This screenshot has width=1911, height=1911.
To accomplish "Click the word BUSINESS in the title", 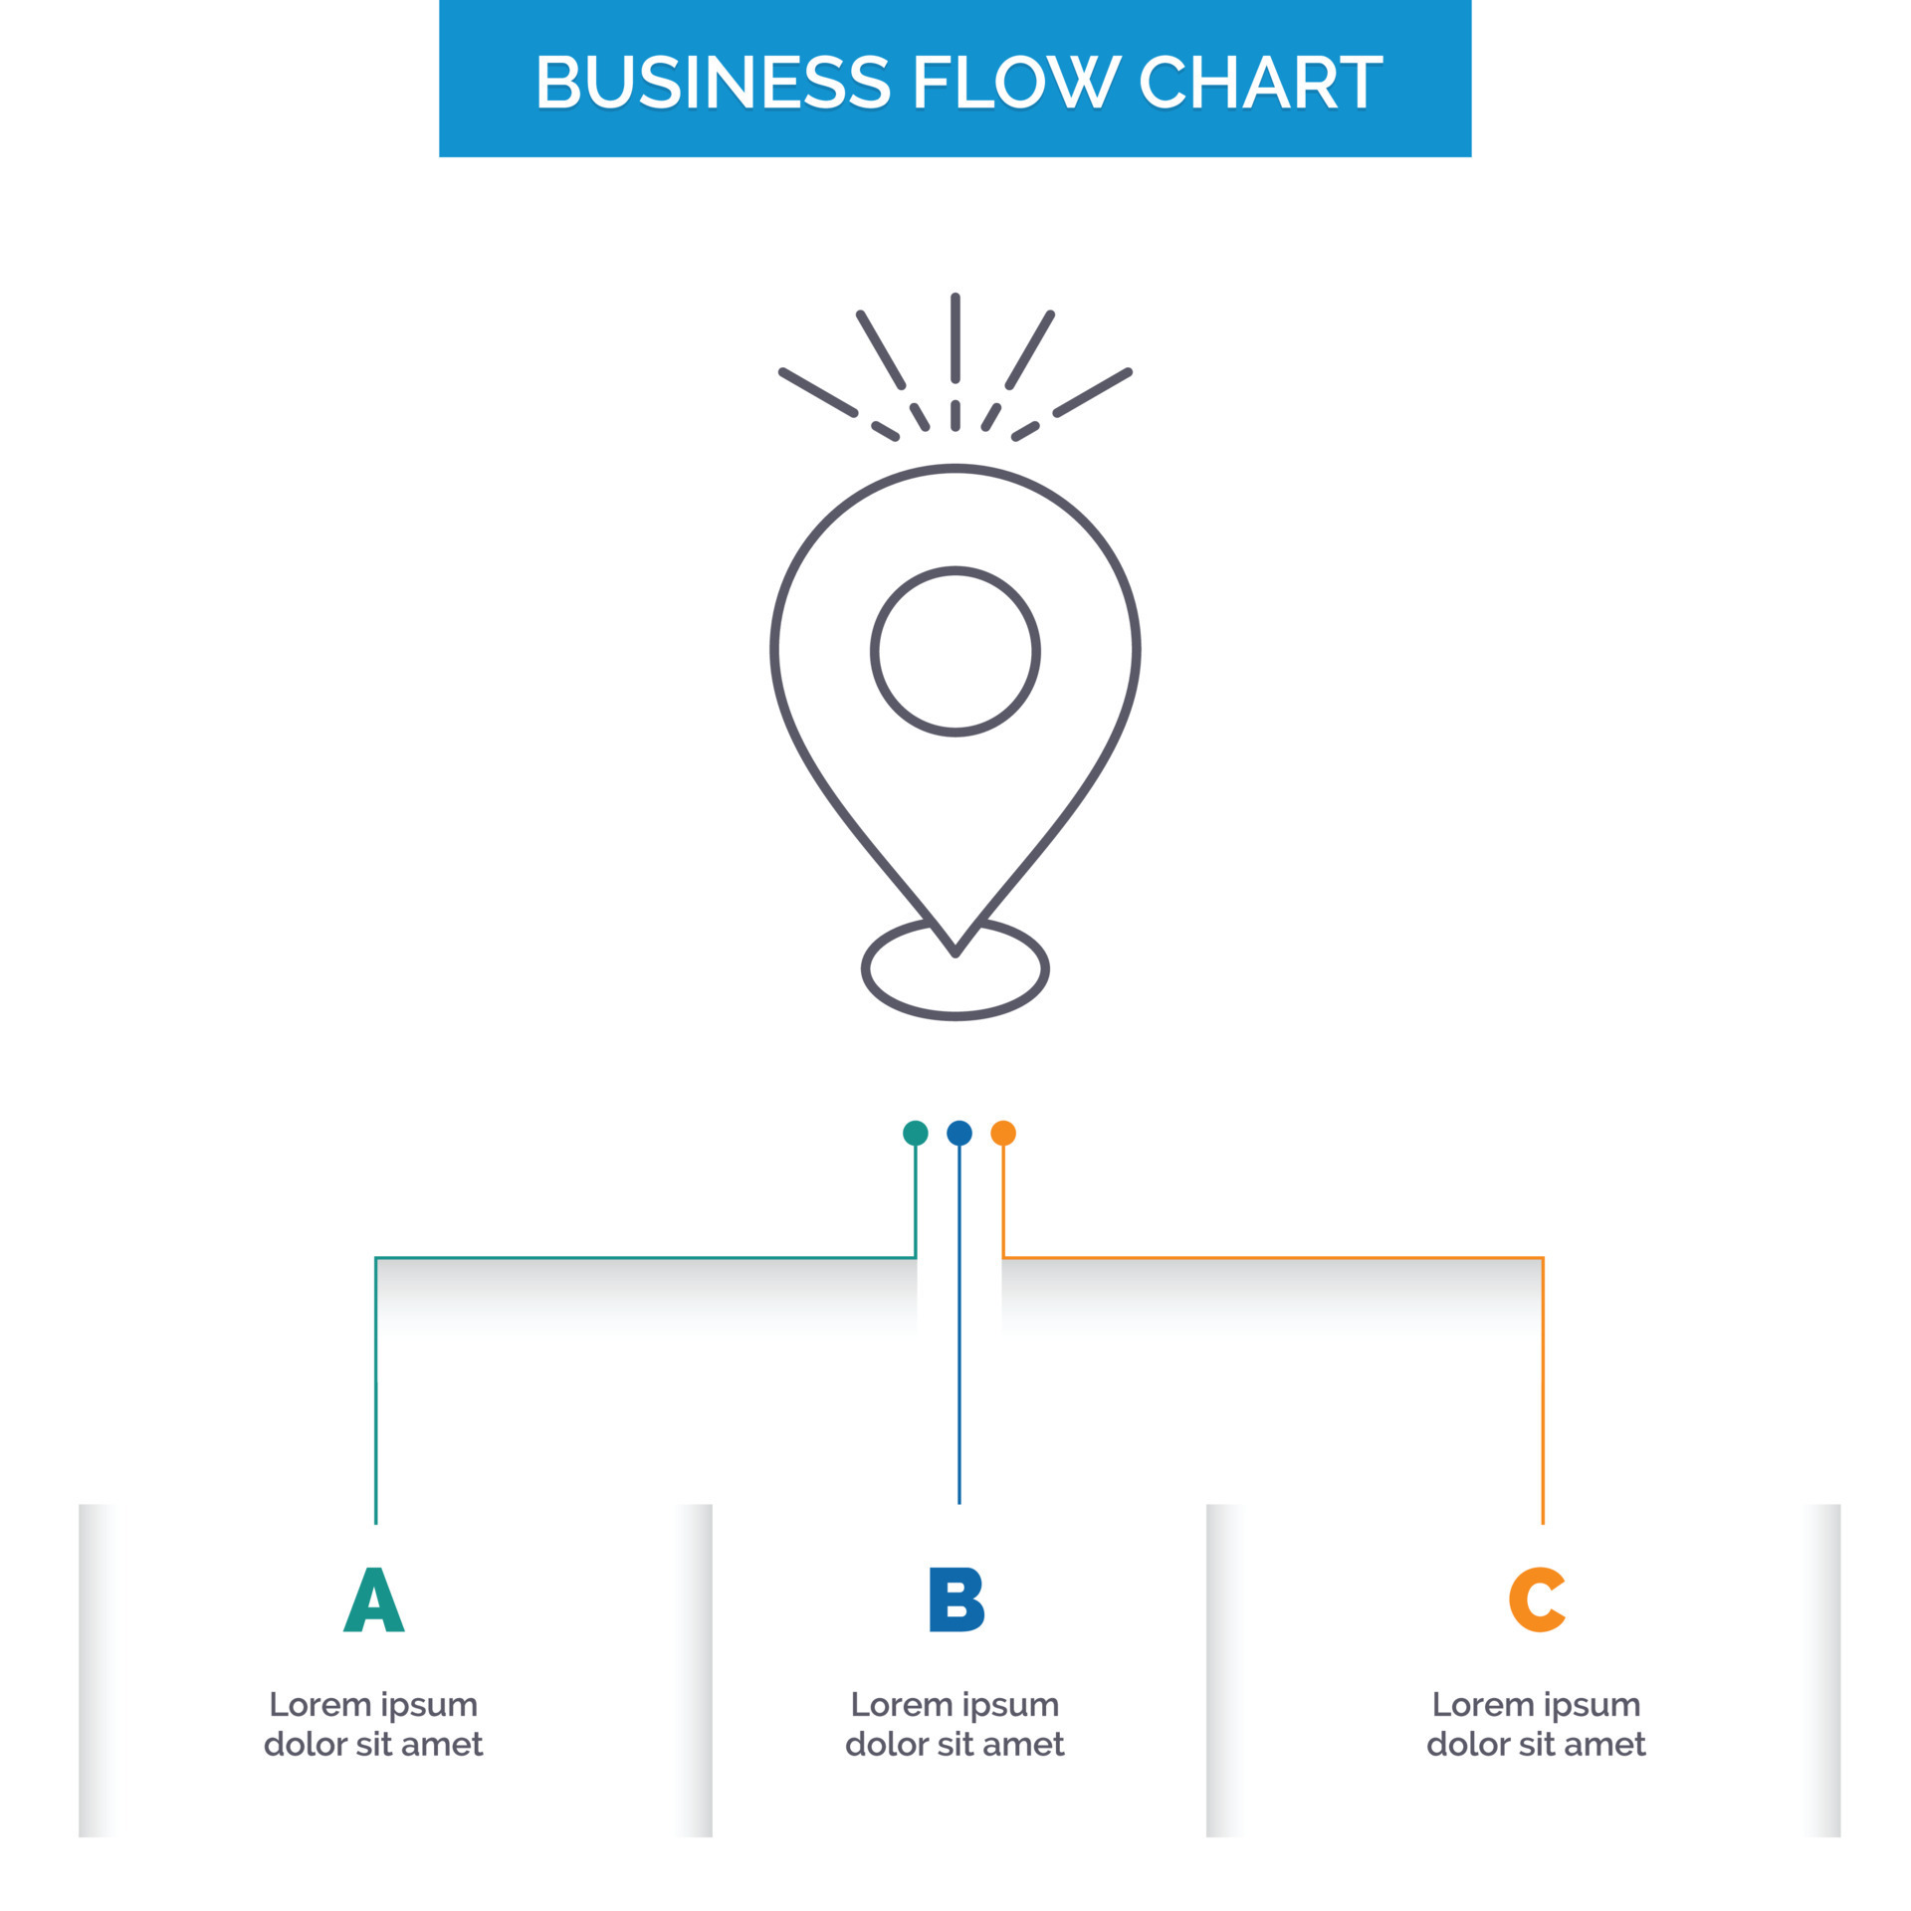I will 712,82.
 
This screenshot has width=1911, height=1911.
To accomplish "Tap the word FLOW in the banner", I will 1015,82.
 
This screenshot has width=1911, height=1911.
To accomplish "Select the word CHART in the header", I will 1260,82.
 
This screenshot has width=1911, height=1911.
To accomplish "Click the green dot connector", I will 915,1133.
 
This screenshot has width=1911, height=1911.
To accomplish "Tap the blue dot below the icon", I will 958,1133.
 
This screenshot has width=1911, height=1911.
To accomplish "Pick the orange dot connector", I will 1003,1133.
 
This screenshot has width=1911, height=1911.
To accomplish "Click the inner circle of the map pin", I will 955,652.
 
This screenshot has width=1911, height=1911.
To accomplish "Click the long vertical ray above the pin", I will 955,338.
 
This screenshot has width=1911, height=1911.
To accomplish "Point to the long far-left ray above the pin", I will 818,392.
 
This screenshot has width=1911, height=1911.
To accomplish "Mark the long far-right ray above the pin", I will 1093,392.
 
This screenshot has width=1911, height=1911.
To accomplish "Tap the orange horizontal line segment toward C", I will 1274,1258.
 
